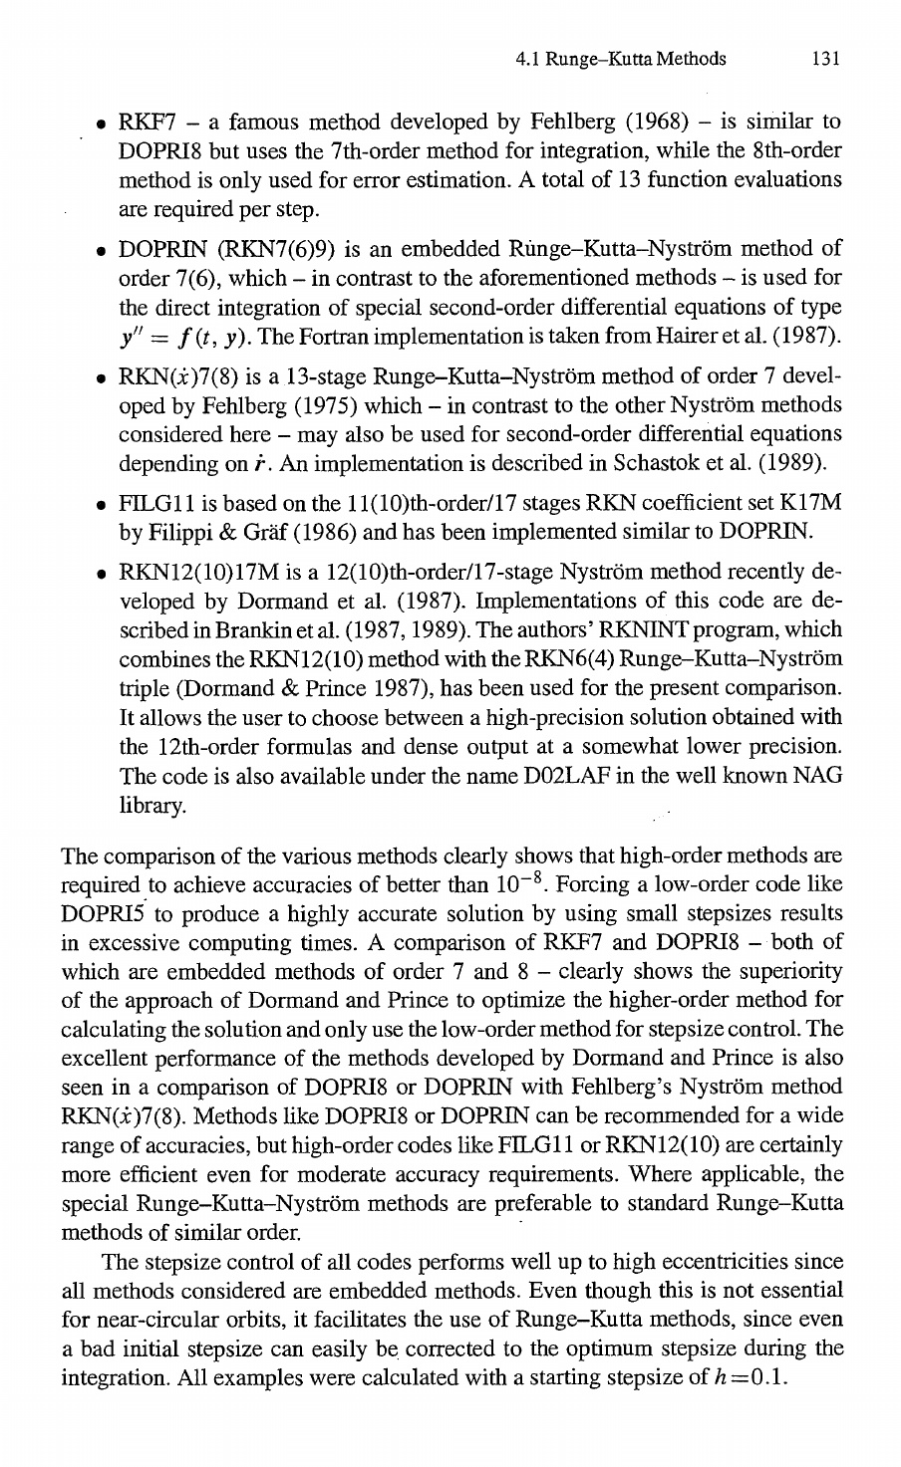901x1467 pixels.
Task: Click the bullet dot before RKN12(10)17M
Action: point(102,576)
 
